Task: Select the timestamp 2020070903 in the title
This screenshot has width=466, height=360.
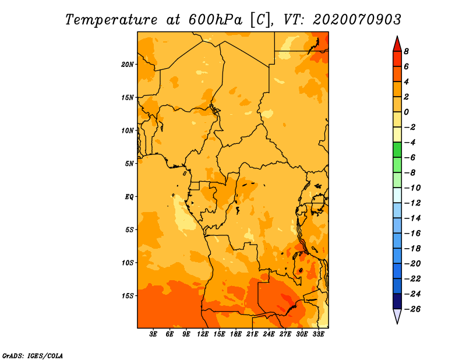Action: coord(357,19)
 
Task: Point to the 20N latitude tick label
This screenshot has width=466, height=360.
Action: coord(128,64)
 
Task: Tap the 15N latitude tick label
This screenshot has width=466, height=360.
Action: coord(128,97)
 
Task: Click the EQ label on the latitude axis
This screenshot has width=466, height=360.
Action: coord(129,196)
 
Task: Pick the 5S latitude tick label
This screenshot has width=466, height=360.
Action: coord(129,230)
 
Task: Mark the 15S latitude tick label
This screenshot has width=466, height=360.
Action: coord(128,295)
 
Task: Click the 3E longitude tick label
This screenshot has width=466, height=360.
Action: coord(154,334)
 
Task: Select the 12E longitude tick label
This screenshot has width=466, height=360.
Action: coord(203,334)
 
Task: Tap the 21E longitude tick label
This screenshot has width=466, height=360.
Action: coord(252,334)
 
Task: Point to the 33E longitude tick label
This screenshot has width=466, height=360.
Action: coord(318,334)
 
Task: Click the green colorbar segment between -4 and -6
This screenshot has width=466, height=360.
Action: coord(397,150)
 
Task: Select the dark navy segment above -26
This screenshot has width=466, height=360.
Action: coord(397,301)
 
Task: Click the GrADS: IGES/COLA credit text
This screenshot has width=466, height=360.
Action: coord(33,355)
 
